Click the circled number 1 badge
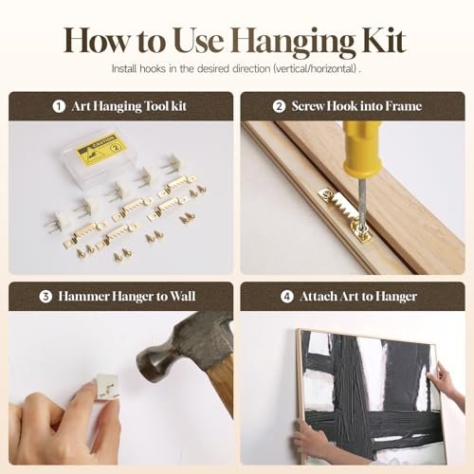[x=59, y=106]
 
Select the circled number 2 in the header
[x=279, y=106]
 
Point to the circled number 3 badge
[x=46, y=297]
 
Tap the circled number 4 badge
[x=287, y=297]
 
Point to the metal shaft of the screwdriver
[x=362, y=199]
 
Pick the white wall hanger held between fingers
[x=106, y=387]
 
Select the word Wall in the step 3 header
[x=183, y=297]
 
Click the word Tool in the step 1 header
[x=155, y=106]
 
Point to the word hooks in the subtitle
[x=153, y=68]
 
